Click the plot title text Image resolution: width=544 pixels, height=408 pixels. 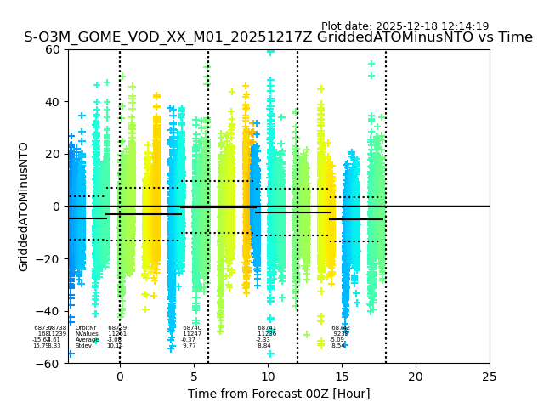(x=278, y=37)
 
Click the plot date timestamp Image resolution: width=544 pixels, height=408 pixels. (x=405, y=26)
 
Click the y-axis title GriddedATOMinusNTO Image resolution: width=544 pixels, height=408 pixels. (x=24, y=207)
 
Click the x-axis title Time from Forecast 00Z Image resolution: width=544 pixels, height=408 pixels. (x=279, y=394)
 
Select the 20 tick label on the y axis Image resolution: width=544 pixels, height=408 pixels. (x=53, y=154)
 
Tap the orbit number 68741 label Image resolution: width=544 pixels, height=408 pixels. (x=267, y=328)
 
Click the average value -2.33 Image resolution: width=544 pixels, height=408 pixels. (x=263, y=340)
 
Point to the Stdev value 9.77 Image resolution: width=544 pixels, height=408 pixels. (x=190, y=346)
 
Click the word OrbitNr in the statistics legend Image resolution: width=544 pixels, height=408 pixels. (x=86, y=328)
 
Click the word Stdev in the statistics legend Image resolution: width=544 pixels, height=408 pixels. (x=83, y=346)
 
